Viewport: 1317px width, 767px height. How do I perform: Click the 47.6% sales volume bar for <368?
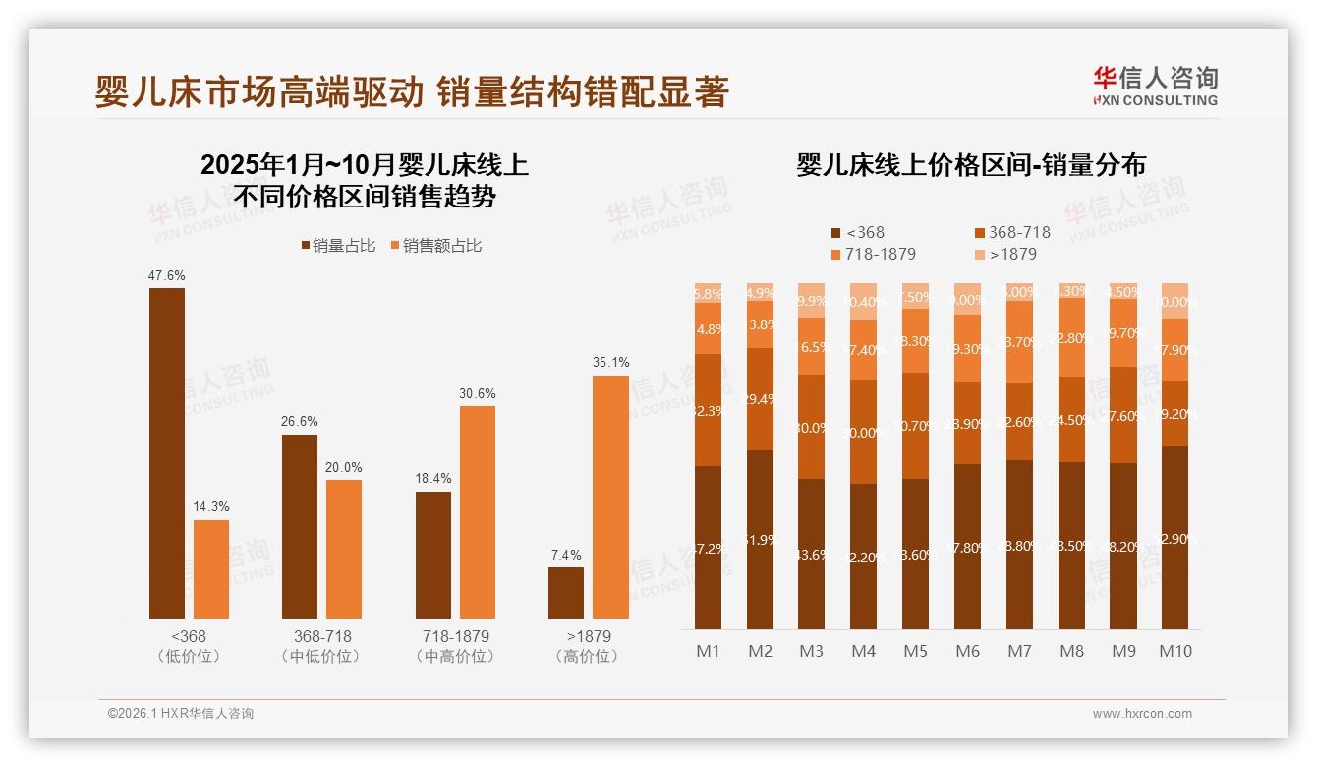(167, 452)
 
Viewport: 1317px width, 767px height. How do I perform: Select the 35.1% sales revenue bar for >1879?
(610, 497)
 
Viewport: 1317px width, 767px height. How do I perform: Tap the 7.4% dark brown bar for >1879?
(566, 593)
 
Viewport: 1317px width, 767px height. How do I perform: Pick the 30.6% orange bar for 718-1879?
(478, 511)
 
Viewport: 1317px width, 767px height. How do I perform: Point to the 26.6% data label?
(300, 422)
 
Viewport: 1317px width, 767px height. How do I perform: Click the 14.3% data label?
(211, 507)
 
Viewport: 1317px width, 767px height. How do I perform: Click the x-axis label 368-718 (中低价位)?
(321, 646)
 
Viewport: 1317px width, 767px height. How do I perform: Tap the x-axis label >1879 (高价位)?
(589, 646)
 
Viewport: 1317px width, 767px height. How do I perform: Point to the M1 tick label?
(708, 651)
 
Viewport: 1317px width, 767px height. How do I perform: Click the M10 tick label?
(1175, 651)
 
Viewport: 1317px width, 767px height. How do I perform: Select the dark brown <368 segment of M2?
(760, 539)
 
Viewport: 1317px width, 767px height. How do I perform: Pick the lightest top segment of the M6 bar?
(967, 299)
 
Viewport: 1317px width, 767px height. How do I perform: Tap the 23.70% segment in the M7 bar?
(1019, 341)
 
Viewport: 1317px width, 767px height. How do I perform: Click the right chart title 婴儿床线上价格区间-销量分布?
(970, 165)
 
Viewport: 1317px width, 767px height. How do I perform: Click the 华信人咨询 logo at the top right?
(1155, 86)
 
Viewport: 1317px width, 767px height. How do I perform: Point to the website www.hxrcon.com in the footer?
(1141, 714)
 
